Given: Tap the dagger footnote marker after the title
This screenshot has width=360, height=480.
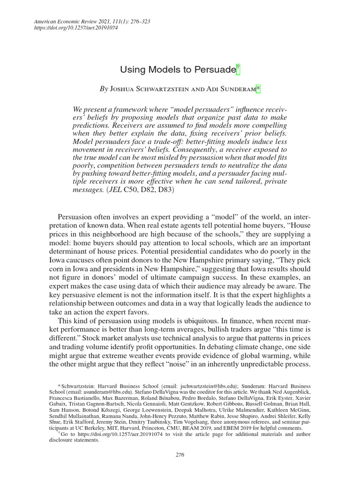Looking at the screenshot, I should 238,68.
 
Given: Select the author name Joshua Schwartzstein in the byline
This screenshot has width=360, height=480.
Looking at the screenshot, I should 149,89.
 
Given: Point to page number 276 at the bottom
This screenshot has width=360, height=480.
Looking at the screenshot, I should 180,454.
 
